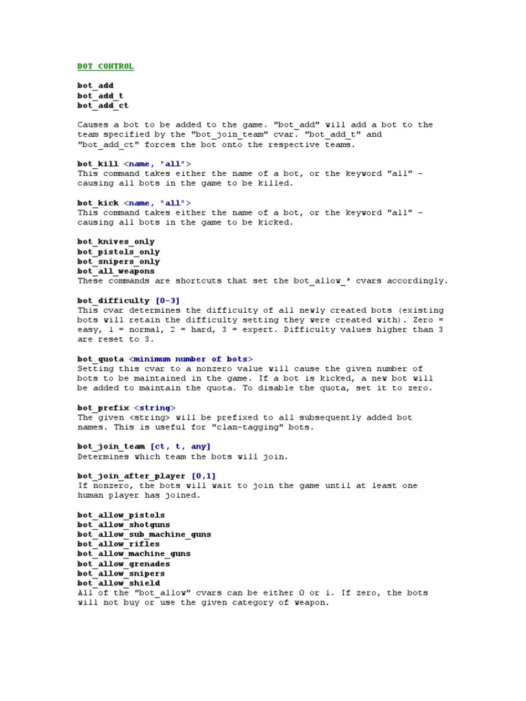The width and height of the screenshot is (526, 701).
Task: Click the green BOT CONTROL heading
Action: pyautogui.click(x=105, y=66)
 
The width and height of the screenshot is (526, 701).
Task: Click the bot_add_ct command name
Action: pyautogui.click(x=103, y=105)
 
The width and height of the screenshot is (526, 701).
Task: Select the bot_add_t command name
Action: pyautogui.click(x=100, y=96)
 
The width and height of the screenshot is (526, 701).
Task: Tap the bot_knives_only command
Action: pyautogui.click(x=116, y=242)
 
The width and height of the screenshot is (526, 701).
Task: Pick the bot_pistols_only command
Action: pyautogui.click(x=118, y=252)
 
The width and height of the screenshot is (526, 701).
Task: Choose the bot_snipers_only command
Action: pyautogui.click(x=118, y=262)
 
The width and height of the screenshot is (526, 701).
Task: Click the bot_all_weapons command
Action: pyautogui.click(x=116, y=271)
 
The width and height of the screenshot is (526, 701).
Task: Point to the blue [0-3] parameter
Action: pyautogui.click(x=168, y=301)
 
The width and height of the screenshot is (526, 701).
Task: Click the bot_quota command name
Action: pyautogui.click(x=100, y=359)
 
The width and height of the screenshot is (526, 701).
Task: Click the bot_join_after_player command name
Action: pyautogui.click(x=131, y=476)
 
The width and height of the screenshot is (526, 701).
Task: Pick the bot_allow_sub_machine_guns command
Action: pyautogui.click(x=144, y=534)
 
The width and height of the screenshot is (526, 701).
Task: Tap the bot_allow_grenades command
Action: pyautogui.click(x=123, y=564)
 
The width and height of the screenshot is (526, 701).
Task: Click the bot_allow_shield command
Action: pyautogui.click(x=118, y=583)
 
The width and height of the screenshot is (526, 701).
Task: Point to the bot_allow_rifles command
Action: pyautogui.click(x=118, y=544)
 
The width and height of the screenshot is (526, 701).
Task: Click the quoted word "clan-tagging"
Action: pyautogui.click(x=281, y=427)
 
